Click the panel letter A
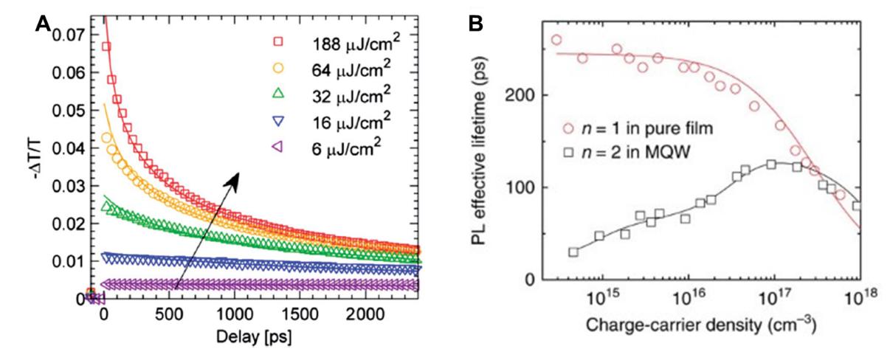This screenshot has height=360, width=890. coord(44,23)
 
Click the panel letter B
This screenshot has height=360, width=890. coord(477,23)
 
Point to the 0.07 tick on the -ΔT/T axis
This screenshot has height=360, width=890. coord(74,34)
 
